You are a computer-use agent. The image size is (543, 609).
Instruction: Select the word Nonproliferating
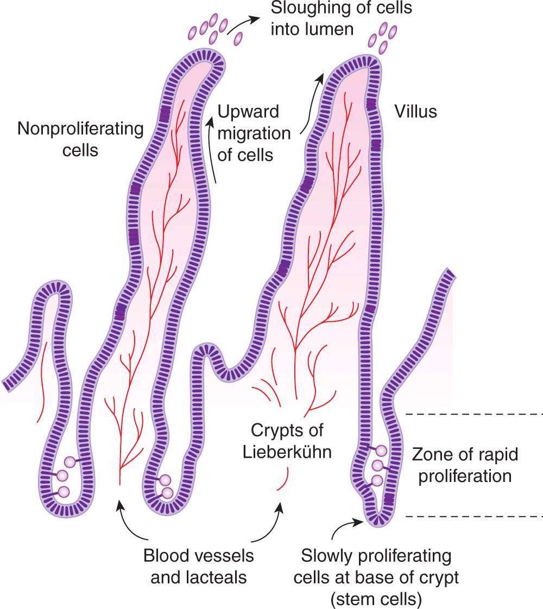(x=80, y=129)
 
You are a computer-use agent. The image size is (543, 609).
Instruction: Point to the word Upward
(x=248, y=112)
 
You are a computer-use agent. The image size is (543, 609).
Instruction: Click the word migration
(x=254, y=134)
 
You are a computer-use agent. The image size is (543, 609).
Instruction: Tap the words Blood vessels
(x=199, y=557)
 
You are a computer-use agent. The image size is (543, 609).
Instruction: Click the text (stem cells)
(x=375, y=598)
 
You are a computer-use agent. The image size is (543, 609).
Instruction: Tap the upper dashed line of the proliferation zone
(x=472, y=414)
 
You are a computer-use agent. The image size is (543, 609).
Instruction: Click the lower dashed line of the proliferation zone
(x=472, y=516)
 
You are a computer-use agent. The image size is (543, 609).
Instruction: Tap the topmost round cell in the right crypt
(x=382, y=451)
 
